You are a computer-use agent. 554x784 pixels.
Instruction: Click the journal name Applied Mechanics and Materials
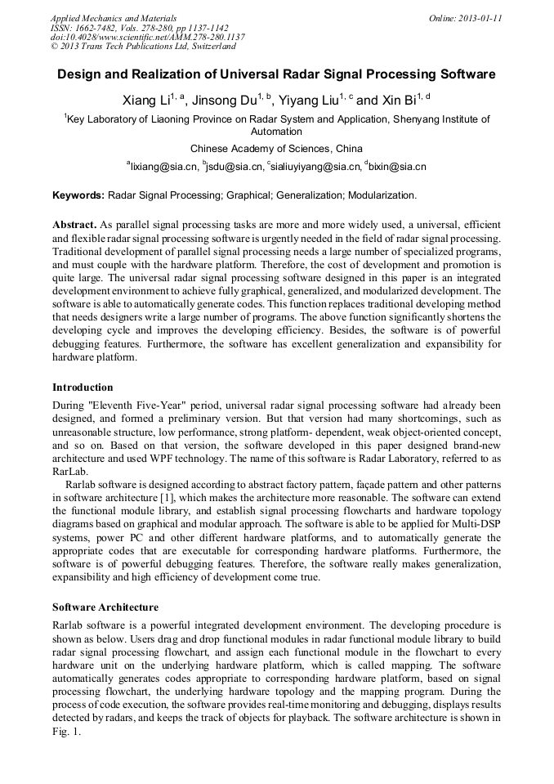coord(113,17)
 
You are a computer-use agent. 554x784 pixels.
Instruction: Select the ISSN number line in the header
coord(139,27)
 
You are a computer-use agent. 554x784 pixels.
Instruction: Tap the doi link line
coord(147,37)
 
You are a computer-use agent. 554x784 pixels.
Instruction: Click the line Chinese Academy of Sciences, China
coord(276,149)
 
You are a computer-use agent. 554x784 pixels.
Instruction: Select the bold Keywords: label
coord(78,196)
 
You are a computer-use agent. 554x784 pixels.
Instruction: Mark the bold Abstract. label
coord(74,224)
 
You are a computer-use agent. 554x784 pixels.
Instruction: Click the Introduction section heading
coord(83,387)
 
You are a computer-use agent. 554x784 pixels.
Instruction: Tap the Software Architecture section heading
coord(105,607)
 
